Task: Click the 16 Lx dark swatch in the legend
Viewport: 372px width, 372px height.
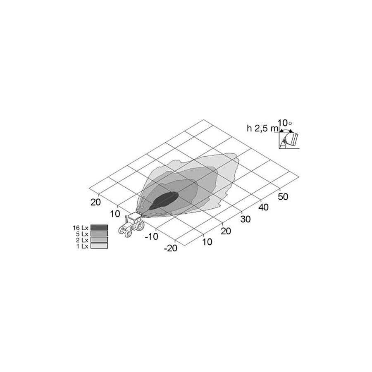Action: pyautogui.click(x=99, y=227)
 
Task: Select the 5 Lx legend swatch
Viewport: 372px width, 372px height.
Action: pyautogui.click(x=99, y=234)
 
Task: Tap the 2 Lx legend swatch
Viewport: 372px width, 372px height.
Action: pyautogui.click(x=99, y=240)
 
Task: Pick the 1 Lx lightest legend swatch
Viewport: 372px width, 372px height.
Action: pyautogui.click(x=99, y=246)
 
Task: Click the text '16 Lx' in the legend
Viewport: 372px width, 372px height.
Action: pyautogui.click(x=81, y=228)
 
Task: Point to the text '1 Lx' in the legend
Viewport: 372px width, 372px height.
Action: pyautogui.click(x=82, y=246)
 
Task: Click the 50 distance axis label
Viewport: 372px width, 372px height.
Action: pyautogui.click(x=283, y=196)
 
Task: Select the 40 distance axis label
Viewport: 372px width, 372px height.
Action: pyautogui.click(x=263, y=207)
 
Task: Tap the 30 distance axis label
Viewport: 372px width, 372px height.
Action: pyautogui.click(x=245, y=219)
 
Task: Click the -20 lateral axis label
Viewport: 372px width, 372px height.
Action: pyautogui.click(x=171, y=248)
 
